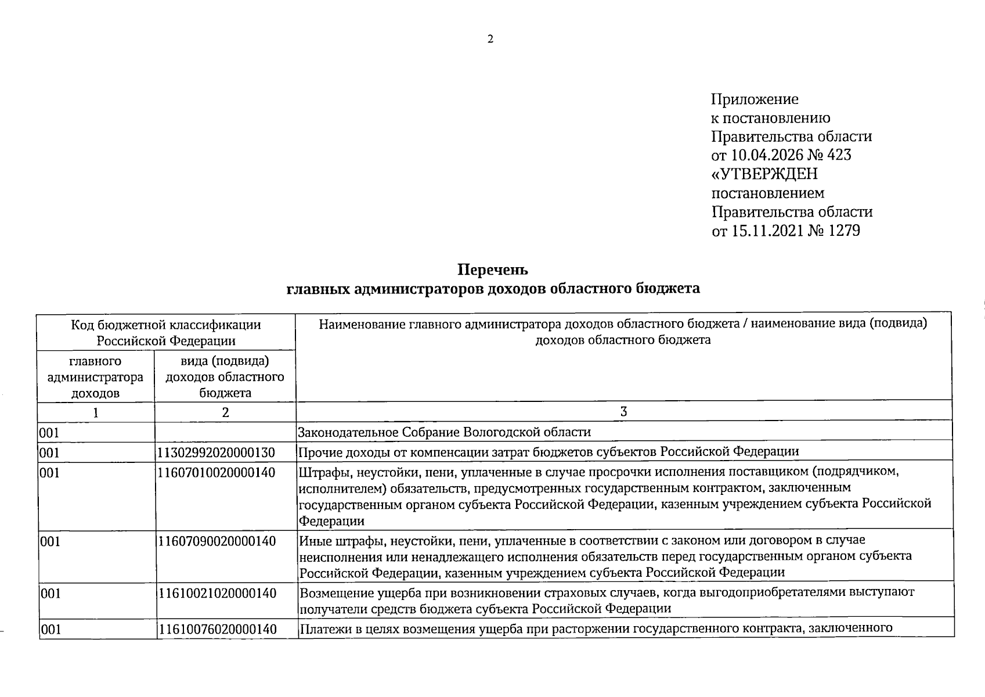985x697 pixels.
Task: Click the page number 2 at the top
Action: pos(490,39)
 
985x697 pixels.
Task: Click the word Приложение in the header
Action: pos(755,99)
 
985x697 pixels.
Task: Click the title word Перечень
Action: pos(493,270)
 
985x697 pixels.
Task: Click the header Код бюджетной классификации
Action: pos(166,325)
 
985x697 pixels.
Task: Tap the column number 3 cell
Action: pos(623,412)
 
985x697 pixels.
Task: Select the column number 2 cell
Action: pos(225,412)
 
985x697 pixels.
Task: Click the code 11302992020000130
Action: pos(216,452)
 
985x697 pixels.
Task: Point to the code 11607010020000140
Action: pos(216,473)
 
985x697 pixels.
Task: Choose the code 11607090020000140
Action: pos(216,541)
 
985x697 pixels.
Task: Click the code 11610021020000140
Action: pos(216,594)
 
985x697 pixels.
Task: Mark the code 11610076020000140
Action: pos(217,629)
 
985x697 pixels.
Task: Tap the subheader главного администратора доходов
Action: pos(95,377)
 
